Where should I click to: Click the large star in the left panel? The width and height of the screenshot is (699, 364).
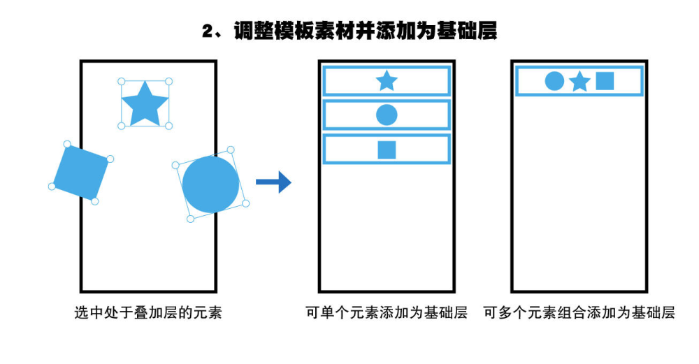point(145,104)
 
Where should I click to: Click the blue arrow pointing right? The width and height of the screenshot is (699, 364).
point(273,182)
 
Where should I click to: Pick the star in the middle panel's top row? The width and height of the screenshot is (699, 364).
point(387,81)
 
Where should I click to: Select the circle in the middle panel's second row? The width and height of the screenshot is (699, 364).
point(387,115)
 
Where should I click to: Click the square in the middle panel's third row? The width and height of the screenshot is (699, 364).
point(387,150)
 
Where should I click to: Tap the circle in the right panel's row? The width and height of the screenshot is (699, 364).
point(554,81)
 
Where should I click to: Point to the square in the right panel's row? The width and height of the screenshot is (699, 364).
point(605,81)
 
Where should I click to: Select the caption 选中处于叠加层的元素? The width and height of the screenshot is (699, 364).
point(148,312)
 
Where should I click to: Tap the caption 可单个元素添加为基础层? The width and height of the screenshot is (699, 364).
point(387,312)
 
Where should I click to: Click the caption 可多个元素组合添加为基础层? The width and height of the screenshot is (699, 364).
point(579,312)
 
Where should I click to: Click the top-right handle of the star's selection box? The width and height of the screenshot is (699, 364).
point(168,82)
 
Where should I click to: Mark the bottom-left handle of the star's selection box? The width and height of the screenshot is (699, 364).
point(121,126)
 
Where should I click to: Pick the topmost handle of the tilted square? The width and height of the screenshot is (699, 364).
point(67,144)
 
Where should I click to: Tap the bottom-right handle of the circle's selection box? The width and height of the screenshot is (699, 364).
point(245,203)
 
